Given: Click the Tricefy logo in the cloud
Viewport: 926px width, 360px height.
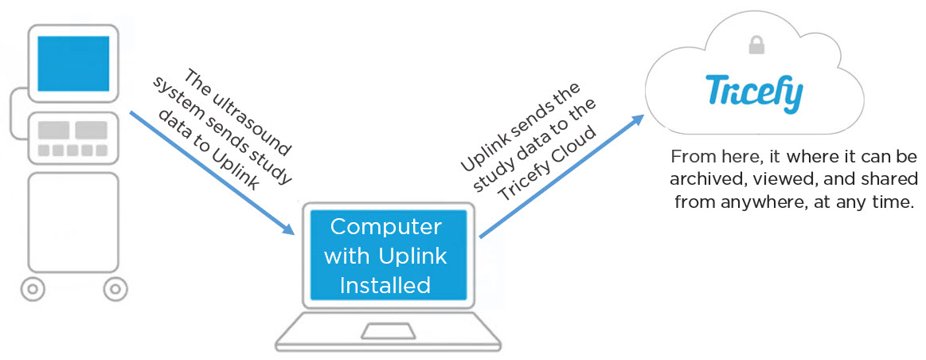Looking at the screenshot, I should (x=753, y=94).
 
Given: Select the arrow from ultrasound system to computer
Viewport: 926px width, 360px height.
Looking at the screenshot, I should (x=211, y=172).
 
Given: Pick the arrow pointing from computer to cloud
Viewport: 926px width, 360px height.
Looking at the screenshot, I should (x=561, y=177).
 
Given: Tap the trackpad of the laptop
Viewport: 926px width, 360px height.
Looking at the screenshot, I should (x=387, y=331).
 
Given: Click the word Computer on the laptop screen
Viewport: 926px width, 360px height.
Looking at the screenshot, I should (x=385, y=227).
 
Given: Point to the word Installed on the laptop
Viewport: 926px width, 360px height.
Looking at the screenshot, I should (x=385, y=285).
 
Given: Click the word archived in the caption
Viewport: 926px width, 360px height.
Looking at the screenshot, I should (x=694, y=178).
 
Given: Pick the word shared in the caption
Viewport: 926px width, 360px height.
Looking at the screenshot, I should (x=887, y=178).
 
